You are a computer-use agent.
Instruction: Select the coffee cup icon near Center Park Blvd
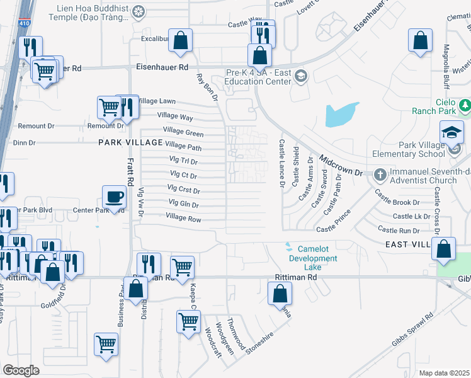(x=114, y=197)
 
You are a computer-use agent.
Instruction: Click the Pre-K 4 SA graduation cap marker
(x=301, y=76)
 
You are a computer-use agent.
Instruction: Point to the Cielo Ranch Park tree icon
(x=465, y=103)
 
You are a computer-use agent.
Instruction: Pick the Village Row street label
(x=183, y=217)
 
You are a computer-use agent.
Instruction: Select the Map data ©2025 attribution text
(x=444, y=373)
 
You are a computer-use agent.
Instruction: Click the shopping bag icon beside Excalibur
(x=180, y=40)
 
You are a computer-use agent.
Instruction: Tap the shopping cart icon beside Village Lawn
(x=109, y=107)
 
